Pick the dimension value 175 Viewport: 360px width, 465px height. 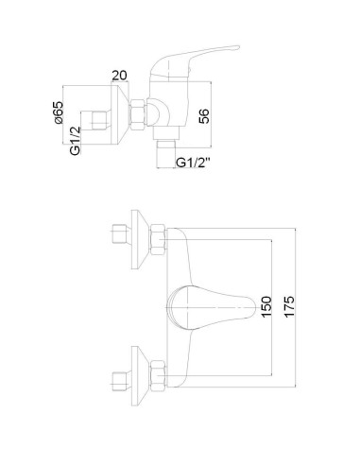pos(291,308)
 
